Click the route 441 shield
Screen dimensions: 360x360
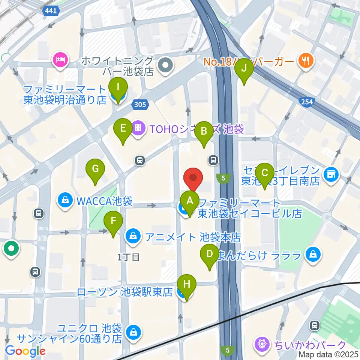pyautogui.click(x=50, y=11)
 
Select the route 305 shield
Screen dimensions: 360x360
pyautogui.click(x=139, y=105)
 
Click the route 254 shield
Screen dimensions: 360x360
pyautogui.click(x=306, y=102)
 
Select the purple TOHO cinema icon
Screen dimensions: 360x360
pyautogui.click(x=138, y=129)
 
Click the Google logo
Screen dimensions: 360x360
pyautogui.click(x=25, y=351)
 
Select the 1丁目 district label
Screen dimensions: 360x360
pyautogui.click(x=129, y=257)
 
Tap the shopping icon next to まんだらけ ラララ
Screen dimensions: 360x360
pyautogui.click(x=312, y=255)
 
